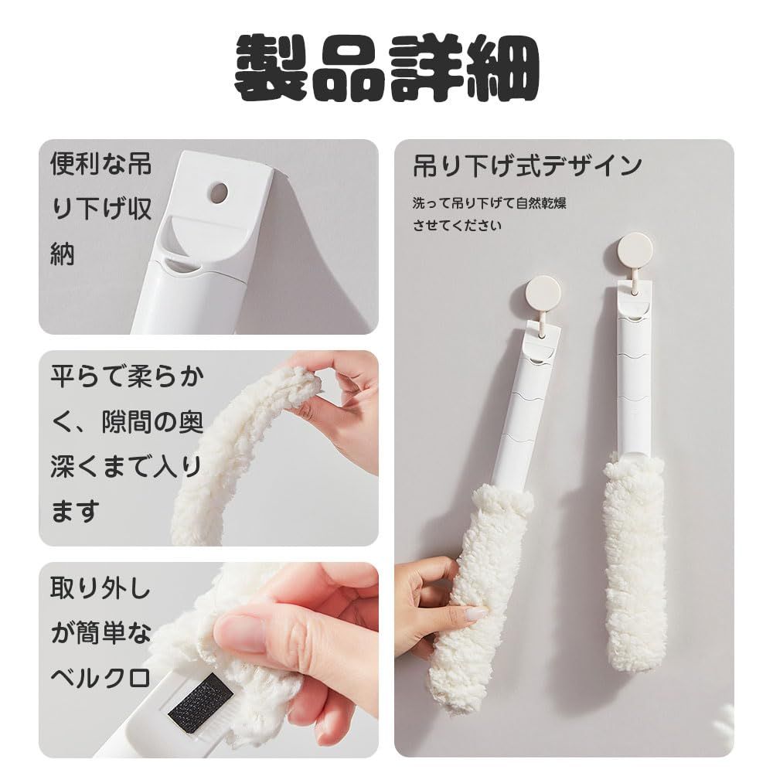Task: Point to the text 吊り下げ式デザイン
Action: (x=528, y=165)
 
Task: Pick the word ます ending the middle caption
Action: (x=75, y=510)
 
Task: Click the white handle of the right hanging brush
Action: (x=633, y=371)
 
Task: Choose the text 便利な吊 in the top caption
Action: (x=100, y=164)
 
